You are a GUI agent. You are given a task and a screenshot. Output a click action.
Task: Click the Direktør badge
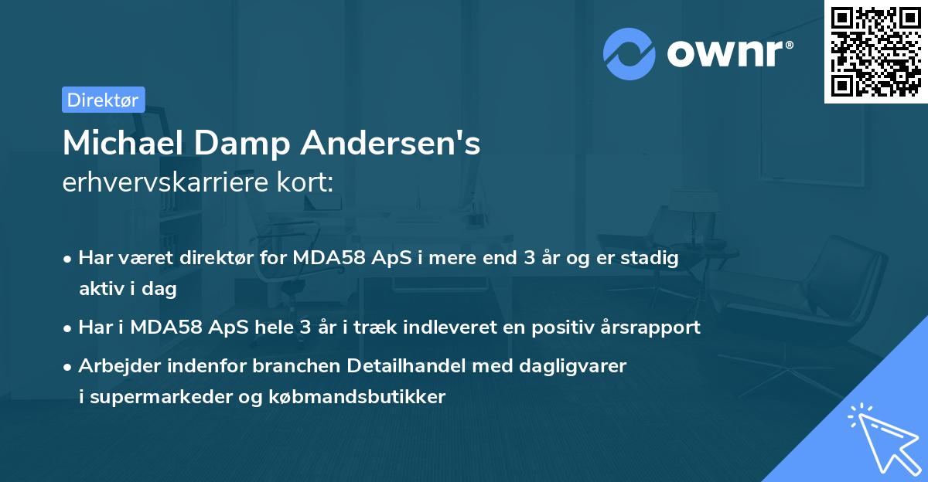coord(103,100)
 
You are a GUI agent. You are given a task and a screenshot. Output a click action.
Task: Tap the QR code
coord(875,52)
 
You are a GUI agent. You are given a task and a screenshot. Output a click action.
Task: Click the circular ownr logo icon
coord(629,54)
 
